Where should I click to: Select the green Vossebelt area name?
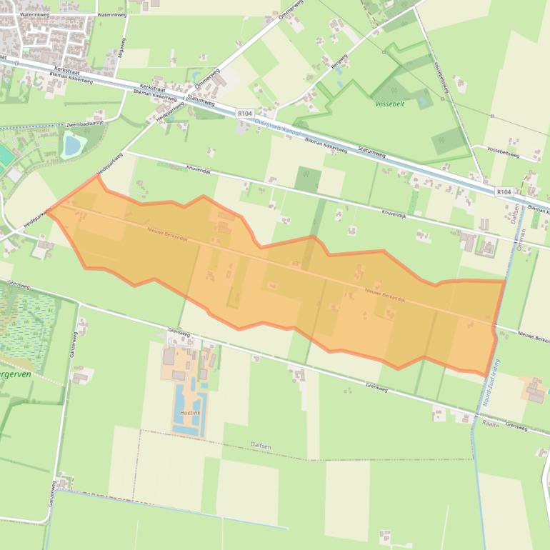pos(389,104)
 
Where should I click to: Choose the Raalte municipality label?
pos(490,423)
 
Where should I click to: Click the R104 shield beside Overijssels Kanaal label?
pos(245,113)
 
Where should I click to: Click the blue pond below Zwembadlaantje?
pos(72,146)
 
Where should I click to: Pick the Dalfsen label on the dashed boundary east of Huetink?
pos(261,445)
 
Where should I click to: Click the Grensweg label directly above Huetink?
pos(178,333)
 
